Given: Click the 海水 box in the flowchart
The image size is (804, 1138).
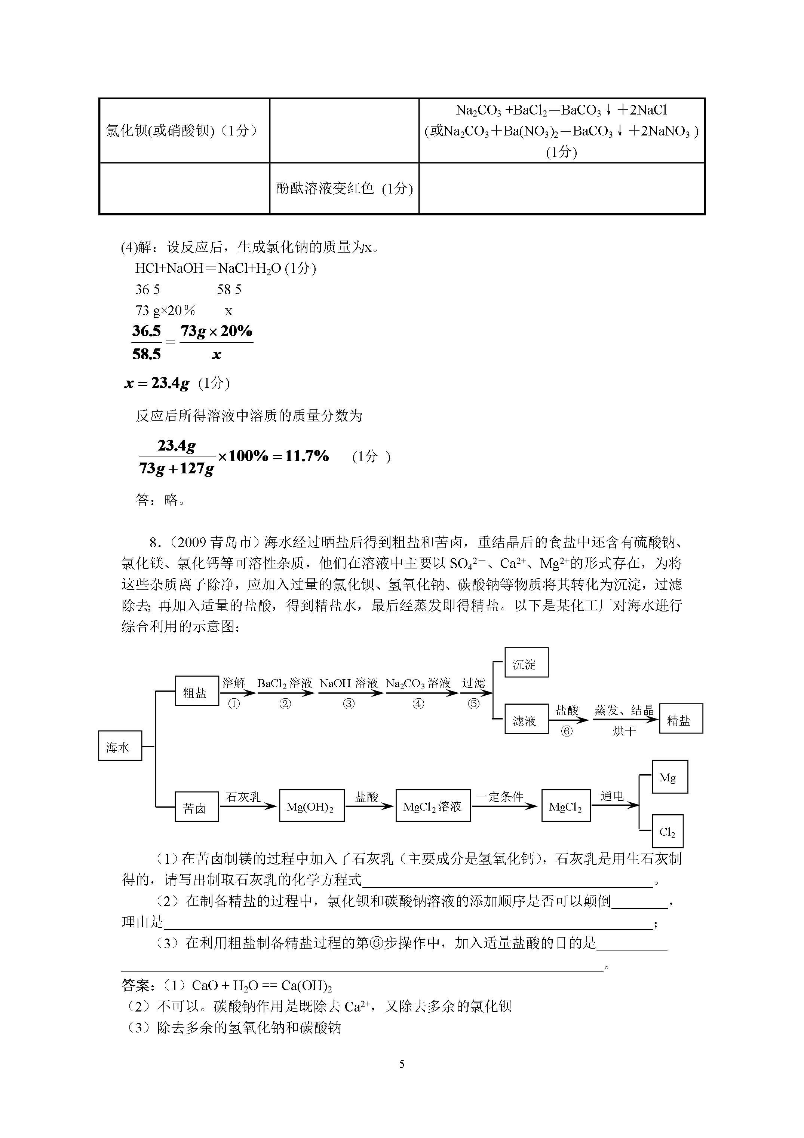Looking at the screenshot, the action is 120,745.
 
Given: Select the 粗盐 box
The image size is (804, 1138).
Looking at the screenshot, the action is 197,691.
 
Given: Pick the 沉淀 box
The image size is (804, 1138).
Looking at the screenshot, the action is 527,662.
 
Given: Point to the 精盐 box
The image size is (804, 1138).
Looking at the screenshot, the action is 681,719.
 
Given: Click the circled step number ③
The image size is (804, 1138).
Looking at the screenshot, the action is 349,704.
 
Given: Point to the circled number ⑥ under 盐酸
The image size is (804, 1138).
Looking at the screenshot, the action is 567,731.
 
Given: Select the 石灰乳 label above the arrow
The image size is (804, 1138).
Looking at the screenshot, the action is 243,796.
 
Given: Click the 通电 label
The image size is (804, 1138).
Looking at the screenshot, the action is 612,796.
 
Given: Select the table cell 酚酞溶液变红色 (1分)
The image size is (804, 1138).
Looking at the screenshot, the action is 344,188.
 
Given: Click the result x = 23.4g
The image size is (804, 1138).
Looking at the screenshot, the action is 157,383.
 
